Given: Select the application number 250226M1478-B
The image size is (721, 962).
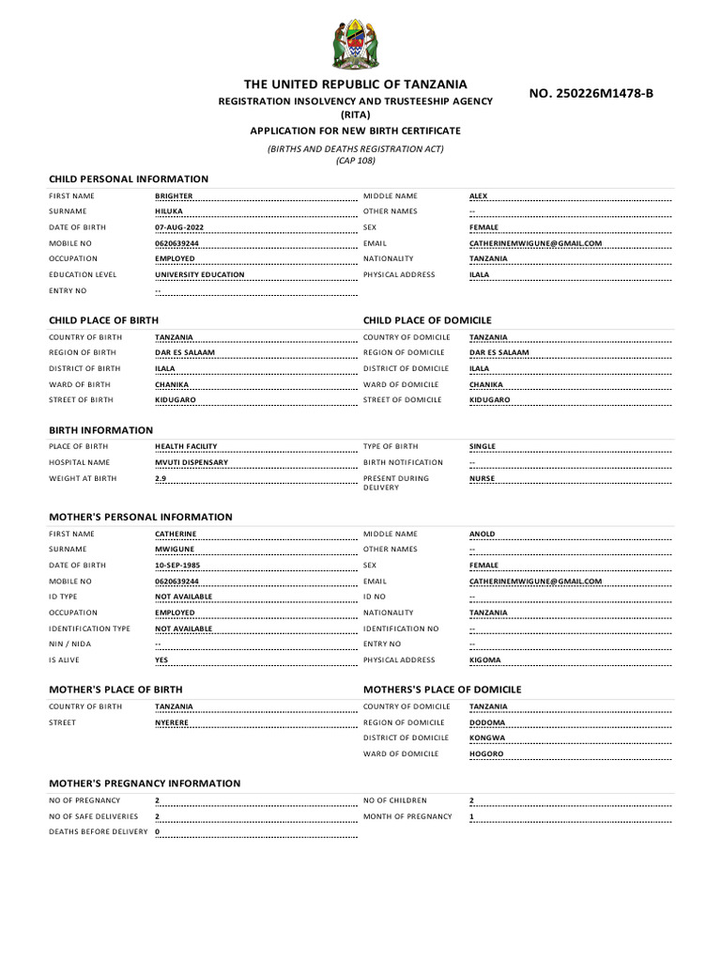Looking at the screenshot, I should tap(591, 93).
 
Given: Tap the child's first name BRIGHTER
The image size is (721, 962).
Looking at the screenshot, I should tap(174, 196).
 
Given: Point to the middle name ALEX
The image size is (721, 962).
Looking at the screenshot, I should tap(478, 196).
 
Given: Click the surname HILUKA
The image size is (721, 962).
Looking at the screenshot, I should tap(169, 211).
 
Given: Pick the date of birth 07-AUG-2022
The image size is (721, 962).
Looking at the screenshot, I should tap(178, 227).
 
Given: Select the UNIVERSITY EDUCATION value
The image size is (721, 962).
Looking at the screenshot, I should tap(199, 275).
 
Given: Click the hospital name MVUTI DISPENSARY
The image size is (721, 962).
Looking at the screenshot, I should tap(192, 462).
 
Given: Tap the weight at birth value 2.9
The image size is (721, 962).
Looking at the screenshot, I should tap(161, 478).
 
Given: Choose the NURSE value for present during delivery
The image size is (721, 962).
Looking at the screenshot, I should tap(482, 478).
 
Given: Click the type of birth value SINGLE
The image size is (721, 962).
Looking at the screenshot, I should tap(483, 446).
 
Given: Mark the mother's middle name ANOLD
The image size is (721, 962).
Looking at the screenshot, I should tap(482, 534).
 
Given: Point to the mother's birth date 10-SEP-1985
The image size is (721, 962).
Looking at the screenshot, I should tap(177, 566).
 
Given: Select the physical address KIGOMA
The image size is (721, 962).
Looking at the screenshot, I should tap(484, 659).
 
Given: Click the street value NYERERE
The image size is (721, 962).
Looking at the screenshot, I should tap(172, 722).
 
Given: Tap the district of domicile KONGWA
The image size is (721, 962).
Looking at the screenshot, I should tap(486, 738).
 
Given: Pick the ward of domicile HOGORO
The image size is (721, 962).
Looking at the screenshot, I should tap(486, 753).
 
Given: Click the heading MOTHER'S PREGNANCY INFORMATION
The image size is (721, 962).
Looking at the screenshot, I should tap(145, 784).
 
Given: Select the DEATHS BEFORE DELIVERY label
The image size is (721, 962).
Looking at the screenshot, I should tap(99, 832).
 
